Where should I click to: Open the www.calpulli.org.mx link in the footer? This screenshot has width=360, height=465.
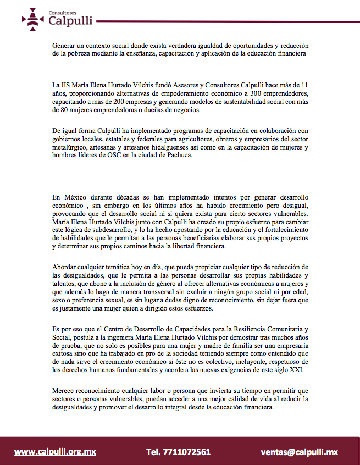pyautogui.click(x=55, y=452)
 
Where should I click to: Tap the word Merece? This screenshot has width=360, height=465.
pyautogui.click(x=65, y=390)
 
